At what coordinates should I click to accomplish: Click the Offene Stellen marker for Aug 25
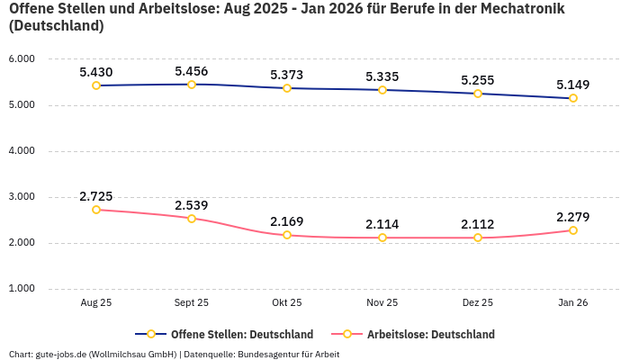[x=96, y=85]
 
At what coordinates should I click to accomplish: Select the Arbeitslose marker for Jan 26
[x=573, y=230]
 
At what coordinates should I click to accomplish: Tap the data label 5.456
[x=192, y=71]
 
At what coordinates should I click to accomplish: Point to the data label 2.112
[x=478, y=224]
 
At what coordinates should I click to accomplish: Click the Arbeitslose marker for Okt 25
[x=287, y=235]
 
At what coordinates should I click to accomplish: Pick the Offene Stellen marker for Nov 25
[x=382, y=90]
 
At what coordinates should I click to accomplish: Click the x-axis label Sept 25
[x=192, y=303]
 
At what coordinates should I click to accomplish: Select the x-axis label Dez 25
[x=478, y=303]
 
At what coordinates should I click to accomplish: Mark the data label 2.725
[x=96, y=196]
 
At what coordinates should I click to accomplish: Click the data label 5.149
[x=573, y=85]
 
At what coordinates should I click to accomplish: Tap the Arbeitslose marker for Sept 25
[x=192, y=219]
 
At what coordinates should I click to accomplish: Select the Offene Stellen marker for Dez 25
[x=478, y=94]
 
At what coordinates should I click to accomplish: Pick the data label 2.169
[x=287, y=221]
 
